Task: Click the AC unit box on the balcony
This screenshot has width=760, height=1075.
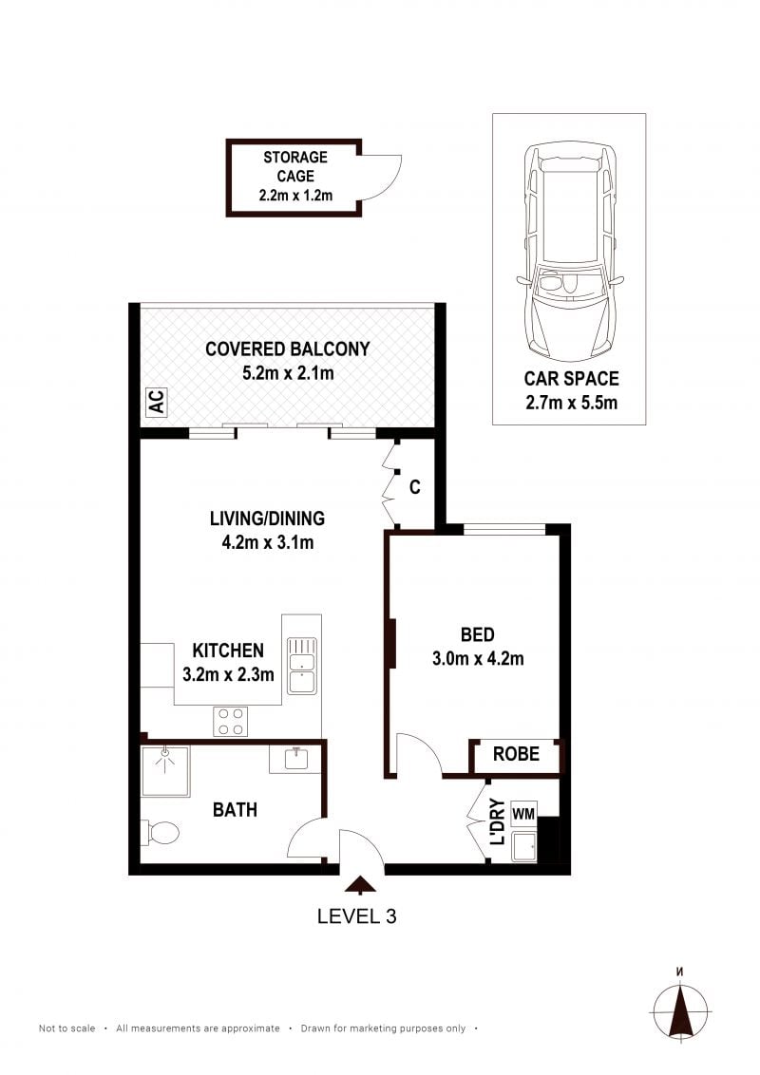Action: point(157,402)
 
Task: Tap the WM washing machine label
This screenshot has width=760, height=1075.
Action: point(523,814)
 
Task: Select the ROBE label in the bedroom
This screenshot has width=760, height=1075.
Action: point(516,754)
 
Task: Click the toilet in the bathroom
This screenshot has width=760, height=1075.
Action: point(160,833)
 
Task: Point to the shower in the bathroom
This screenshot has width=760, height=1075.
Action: point(164,771)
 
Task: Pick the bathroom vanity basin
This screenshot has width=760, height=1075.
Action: point(295,759)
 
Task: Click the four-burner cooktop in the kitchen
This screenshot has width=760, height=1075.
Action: point(231,721)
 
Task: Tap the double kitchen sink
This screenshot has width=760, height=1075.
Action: point(302,666)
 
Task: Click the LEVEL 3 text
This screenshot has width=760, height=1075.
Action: point(356,916)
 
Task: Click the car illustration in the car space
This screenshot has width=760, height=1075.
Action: point(570,252)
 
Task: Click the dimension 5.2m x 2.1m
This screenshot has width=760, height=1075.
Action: point(288,373)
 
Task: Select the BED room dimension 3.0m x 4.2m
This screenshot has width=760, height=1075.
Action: point(478,659)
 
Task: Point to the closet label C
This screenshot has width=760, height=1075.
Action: point(415,487)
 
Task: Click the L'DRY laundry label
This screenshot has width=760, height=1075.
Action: point(499,821)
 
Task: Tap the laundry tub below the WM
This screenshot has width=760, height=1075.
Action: point(524,847)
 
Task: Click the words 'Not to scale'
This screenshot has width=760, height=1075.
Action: point(67,1028)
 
